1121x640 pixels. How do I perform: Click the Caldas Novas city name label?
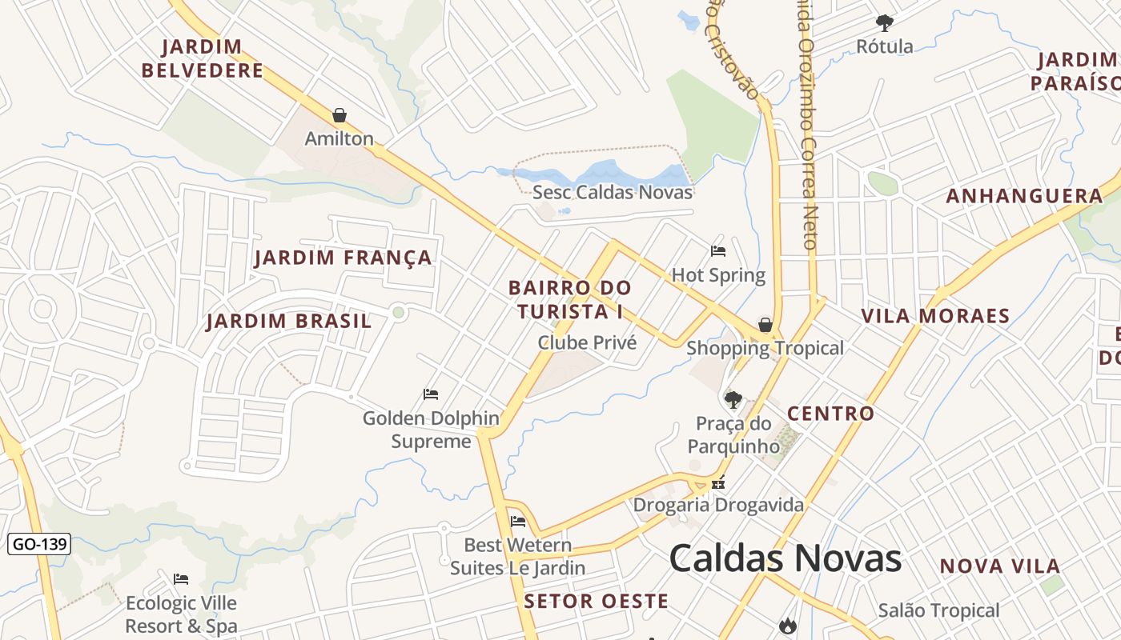point(785,558)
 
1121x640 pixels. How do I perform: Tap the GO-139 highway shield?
point(39,545)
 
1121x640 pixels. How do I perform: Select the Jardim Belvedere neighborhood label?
point(203,58)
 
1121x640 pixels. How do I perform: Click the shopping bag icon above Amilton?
point(340,115)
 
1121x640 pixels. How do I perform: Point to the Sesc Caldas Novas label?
point(613,192)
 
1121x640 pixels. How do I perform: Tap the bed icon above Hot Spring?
point(718,251)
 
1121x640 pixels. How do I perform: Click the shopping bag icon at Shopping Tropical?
point(765,325)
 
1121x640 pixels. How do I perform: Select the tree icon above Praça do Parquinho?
point(733,399)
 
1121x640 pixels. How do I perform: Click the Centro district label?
point(830,414)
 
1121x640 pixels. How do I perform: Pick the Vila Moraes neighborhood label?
point(935,316)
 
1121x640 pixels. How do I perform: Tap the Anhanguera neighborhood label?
point(1024,197)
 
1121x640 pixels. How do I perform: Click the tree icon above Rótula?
point(884,22)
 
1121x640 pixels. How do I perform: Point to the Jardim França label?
point(344,258)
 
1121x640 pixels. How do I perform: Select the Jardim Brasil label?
point(289,322)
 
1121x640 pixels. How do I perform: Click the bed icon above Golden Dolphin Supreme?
point(431,394)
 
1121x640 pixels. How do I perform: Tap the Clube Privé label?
point(587,343)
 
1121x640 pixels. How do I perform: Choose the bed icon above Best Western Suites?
point(518,522)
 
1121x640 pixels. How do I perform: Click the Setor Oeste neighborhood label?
point(596,602)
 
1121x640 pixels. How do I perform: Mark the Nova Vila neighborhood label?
point(999,566)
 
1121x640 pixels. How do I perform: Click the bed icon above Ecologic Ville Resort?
point(181,578)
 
